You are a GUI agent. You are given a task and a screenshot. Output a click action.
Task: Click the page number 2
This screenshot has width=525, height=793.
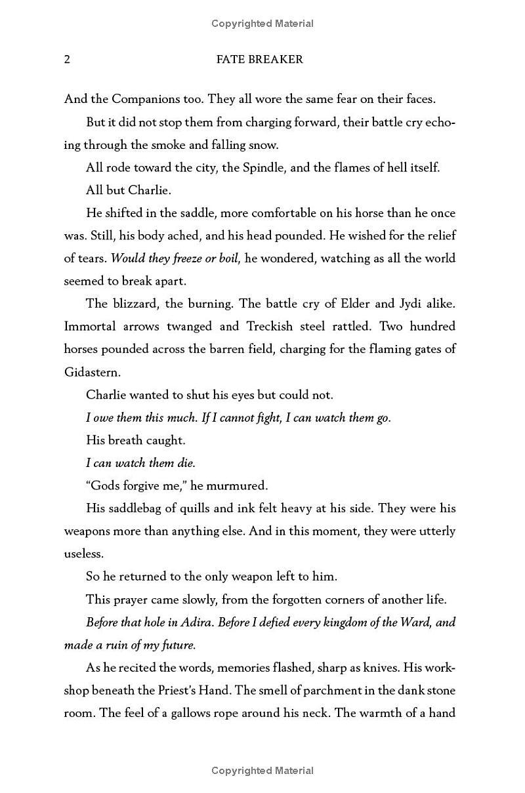67,60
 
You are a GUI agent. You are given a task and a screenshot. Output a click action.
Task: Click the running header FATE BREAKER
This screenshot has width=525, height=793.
259,60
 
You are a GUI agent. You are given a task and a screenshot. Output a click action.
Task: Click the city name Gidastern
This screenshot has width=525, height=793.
93,372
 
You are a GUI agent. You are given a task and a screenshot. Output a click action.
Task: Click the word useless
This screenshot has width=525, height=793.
84,554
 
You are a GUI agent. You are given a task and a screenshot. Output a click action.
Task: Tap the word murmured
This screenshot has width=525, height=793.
238,485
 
